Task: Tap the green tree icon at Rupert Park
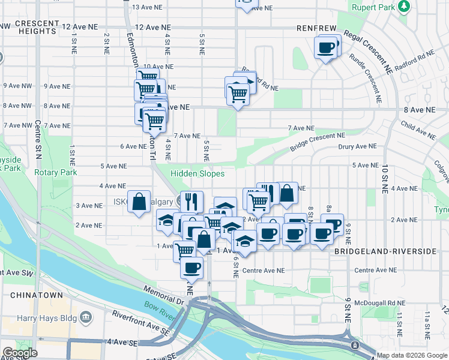click(405, 6)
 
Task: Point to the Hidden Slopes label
click(197, 173)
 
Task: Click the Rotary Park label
click(59, 172)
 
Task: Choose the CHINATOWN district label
click(32, 296)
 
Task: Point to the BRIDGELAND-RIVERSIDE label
click(385, 251)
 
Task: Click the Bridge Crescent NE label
click(318, 142)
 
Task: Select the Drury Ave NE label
click(357, 146)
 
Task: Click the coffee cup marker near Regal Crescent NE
click(326, 47)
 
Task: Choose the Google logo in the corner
click(19, 353)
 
